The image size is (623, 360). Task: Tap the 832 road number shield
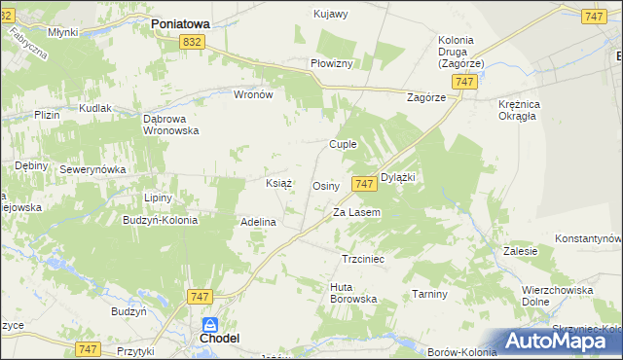click(192, 42)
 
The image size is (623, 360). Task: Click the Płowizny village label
click(337, 62)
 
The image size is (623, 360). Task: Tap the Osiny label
click(325, 185)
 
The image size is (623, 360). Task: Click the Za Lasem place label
click(356, 212)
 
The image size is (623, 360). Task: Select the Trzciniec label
click(364, 260)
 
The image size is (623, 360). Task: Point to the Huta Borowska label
click(353, 293)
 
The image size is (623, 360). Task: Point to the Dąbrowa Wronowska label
click(171, 124)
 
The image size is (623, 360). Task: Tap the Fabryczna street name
click(29, 43)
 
